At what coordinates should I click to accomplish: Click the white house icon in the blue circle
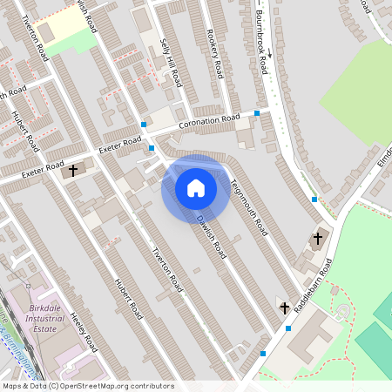tap(196, 188)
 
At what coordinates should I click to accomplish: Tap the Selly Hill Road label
tap(171, 63)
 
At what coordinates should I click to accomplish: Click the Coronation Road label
tap(209, 123)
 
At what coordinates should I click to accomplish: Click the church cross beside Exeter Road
tap(73, 169)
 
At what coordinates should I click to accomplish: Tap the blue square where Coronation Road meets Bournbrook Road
tap(257, 113)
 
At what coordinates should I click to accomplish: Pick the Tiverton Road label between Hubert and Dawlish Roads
tap(167, 270)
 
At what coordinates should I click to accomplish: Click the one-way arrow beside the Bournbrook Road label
tap(270, 52)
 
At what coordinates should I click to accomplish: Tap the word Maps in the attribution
tap(12, 386)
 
